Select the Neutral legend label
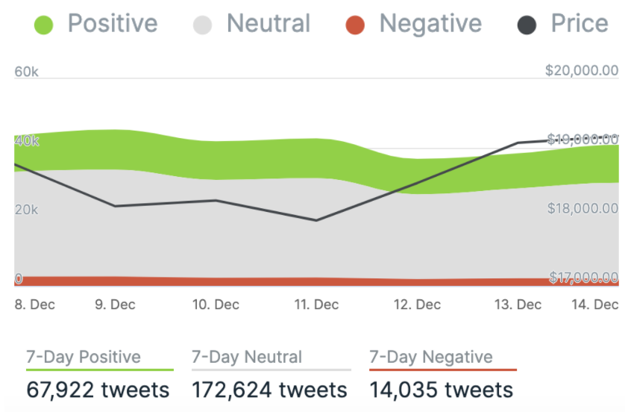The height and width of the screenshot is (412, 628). [268, 24]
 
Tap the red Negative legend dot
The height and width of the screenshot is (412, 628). [355, 26]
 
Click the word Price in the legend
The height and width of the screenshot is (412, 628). [580, 24]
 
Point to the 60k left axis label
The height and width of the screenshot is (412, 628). [27, 72]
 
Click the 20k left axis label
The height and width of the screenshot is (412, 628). [26, 210]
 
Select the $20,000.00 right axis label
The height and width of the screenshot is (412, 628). [582, 71]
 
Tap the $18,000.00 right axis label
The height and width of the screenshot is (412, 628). [582, 208]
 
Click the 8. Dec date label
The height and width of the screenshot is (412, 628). [34, 305]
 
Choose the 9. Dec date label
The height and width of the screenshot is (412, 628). [115, 305]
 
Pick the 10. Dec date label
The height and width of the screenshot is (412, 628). [216, 305]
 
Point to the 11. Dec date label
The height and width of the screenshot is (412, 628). [315, 305]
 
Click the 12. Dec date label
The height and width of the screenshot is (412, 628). [417, 305]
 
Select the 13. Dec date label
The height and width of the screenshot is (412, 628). [518, 305]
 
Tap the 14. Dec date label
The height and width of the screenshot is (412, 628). [595, 305]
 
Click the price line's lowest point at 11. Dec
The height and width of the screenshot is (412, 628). [316, 220]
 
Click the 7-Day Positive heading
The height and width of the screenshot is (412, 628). [83, 358]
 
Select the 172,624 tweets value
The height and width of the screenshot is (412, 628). [269, 390]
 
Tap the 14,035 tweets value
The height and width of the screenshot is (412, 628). [442, 390]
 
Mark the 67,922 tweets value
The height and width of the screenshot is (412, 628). [98, 390]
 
